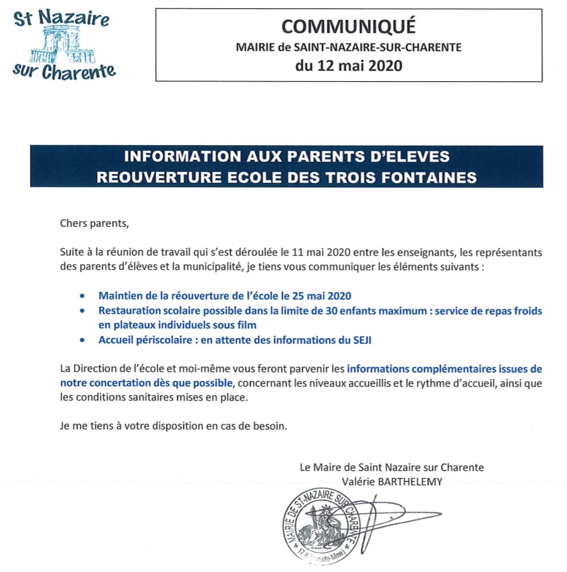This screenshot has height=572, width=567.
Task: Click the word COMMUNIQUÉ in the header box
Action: (349, 26)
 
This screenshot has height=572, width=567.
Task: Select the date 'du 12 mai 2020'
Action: (349, 65)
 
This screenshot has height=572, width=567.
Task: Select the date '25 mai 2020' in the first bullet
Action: (319, 297)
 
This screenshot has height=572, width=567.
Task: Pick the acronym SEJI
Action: (361, 340)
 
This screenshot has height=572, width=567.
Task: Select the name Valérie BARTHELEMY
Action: (392, 481)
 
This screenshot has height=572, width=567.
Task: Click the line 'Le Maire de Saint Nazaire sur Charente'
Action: (392, 467)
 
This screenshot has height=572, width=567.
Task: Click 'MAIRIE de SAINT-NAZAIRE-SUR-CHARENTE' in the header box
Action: (349, 47)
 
